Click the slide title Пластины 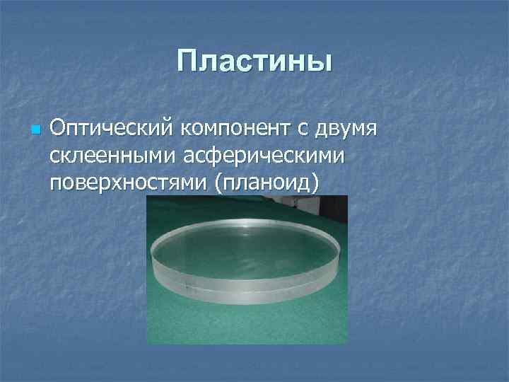(255, 62)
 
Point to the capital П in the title (187, 62)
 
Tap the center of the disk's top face (244, 251)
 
